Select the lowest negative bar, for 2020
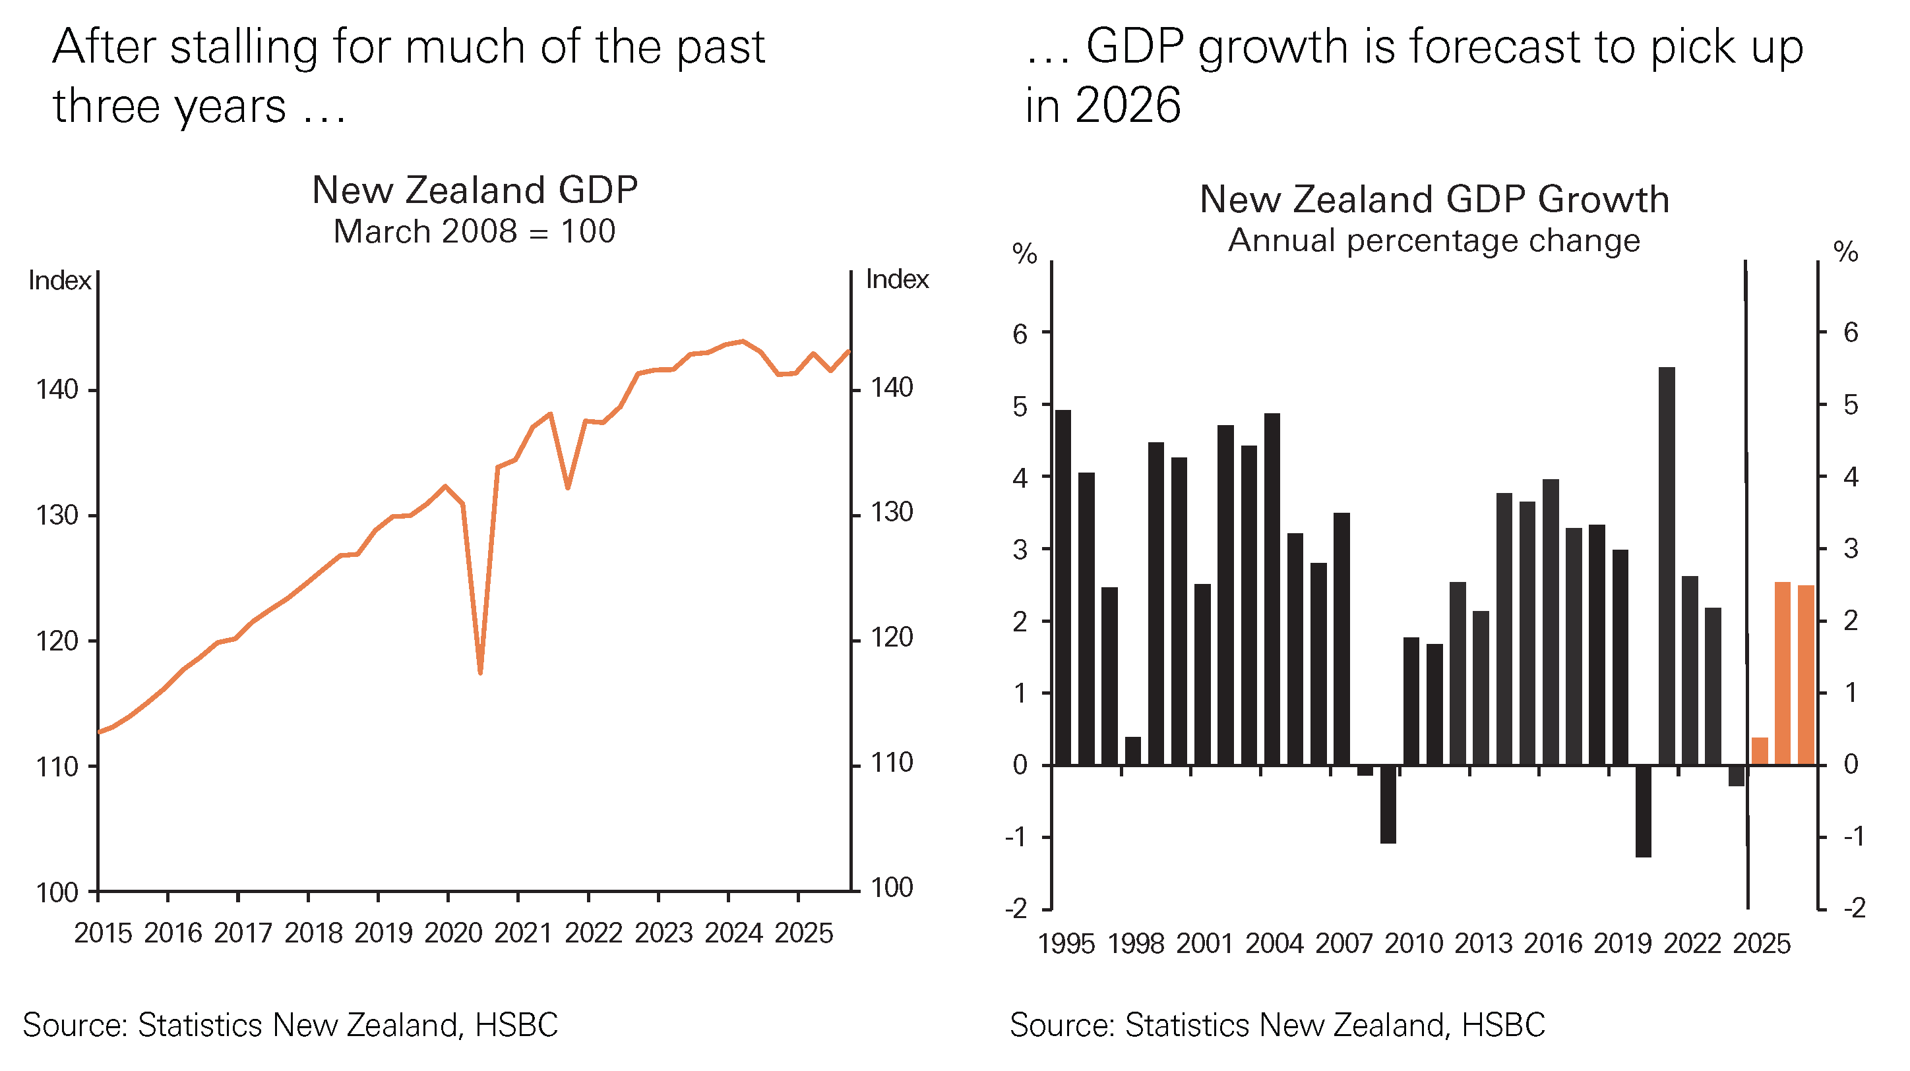(1643, 811)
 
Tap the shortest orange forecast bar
(1760, 751)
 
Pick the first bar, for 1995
(1063, 587)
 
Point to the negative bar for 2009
(1388, 803)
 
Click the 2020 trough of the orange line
(480, 672)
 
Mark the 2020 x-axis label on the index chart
(453, 933)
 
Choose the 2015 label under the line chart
(103, 933)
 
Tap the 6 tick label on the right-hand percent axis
(1851, 332)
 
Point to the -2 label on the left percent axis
(1016, 908)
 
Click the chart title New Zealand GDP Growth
(1434, 200)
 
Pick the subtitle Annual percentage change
(1434, 240)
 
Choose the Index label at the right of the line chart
(897, 279)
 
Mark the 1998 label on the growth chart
(1134, 944)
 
